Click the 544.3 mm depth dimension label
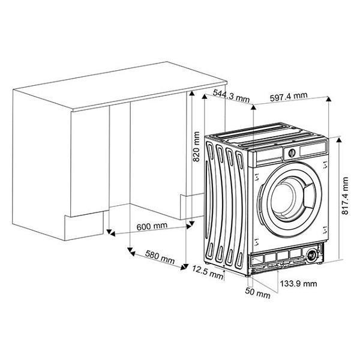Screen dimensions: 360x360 click(x=231, y=96)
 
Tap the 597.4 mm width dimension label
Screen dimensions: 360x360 click(x=289, y=97)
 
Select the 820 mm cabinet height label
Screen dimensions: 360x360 click(x=196, y=147)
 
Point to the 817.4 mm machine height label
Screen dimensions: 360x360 click(x=344, y=196)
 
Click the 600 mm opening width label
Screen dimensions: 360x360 click(x=152, y=226)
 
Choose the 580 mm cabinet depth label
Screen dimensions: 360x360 click(x=160, y=257)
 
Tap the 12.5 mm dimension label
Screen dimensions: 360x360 click(x=208, y=272)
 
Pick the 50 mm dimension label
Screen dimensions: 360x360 click(x=257, y=293)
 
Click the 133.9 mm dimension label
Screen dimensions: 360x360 click(x=298, y=284)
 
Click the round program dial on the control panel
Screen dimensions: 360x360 click(x=292, y=153)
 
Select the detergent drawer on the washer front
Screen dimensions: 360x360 click(x=268, y=157)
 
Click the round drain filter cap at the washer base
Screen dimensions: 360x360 click(x=311, y=255)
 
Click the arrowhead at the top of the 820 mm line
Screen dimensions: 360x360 click(x=192, y=93)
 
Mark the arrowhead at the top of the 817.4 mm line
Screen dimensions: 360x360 click(x=339, y=140)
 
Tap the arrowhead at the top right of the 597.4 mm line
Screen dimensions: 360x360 click(x=329, y=99)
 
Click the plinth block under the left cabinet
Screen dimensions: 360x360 click(x=84, y=226)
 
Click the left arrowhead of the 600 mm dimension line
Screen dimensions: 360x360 click(x=113, y=234)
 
